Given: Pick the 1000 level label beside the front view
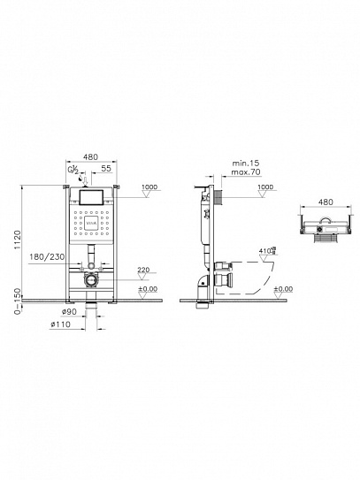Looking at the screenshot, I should pyautogui.click(x=148, y=188).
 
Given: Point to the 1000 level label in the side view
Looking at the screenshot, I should pyautogui.click(x=266, y=188).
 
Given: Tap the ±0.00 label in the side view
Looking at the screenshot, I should pyautogui.click(x=282, y=289).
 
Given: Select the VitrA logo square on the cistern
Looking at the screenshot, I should pyautogui.click(x=88, y=226).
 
